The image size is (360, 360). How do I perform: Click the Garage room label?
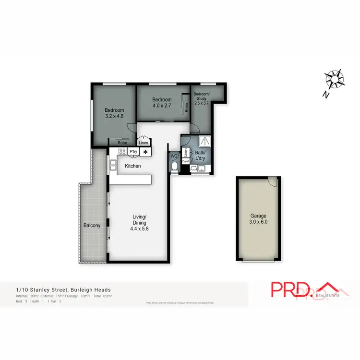258,219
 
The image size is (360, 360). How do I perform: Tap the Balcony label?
92,225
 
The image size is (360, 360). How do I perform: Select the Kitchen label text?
133,166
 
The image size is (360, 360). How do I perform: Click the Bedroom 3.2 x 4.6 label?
114,113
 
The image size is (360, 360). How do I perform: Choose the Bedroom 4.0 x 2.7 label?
162,103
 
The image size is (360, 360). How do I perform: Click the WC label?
174,156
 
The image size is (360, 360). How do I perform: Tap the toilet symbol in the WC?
174,167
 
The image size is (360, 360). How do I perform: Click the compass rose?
335,79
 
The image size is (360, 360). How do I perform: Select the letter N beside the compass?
325,95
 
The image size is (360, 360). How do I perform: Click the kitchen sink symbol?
113,166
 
